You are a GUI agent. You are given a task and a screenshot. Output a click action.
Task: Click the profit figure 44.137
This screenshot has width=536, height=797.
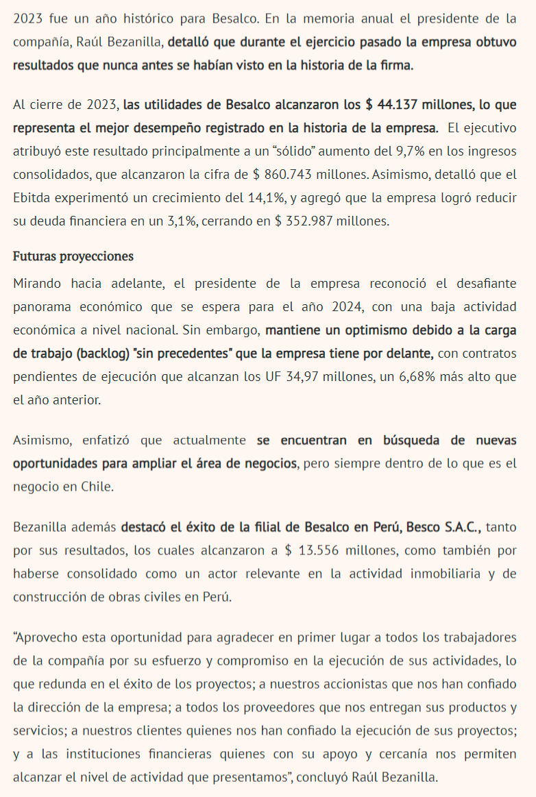(x=396, y=105)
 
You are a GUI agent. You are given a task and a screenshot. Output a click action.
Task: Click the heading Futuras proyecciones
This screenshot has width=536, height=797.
(x=73, y=256)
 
